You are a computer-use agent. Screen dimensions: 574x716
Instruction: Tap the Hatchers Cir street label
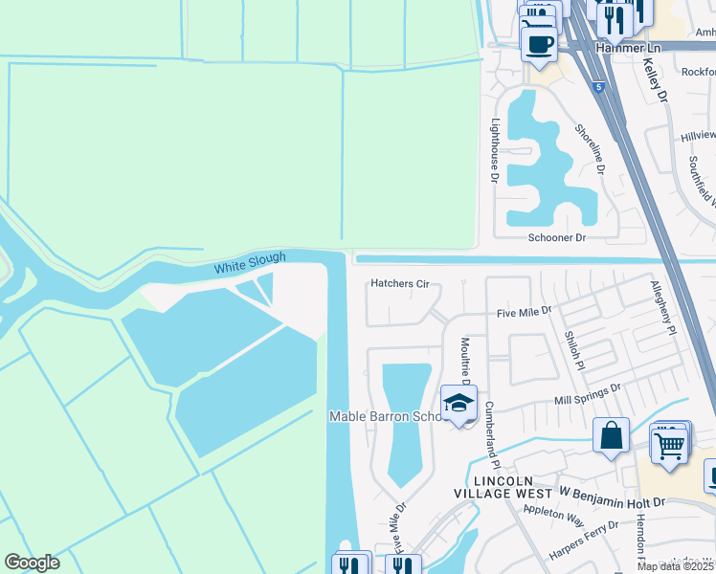tap(401, 284)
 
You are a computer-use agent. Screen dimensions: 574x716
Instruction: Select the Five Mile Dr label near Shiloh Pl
tap(524, 312)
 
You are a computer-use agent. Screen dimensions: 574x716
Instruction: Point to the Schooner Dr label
tap(556, 237)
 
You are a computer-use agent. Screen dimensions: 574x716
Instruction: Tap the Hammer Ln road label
tap(628, 46)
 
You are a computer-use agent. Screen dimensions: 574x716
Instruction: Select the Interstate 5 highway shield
tap(598, 87)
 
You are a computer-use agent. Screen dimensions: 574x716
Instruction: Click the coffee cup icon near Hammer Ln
tap(538, 43)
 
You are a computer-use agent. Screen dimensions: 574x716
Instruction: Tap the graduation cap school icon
tap(459, 404)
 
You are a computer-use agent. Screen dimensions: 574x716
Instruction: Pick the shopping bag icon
tap(611, 437)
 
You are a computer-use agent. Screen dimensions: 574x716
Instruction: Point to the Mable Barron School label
tap(385, 416)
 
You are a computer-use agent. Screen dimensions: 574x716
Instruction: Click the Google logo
tap(32, 563)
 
